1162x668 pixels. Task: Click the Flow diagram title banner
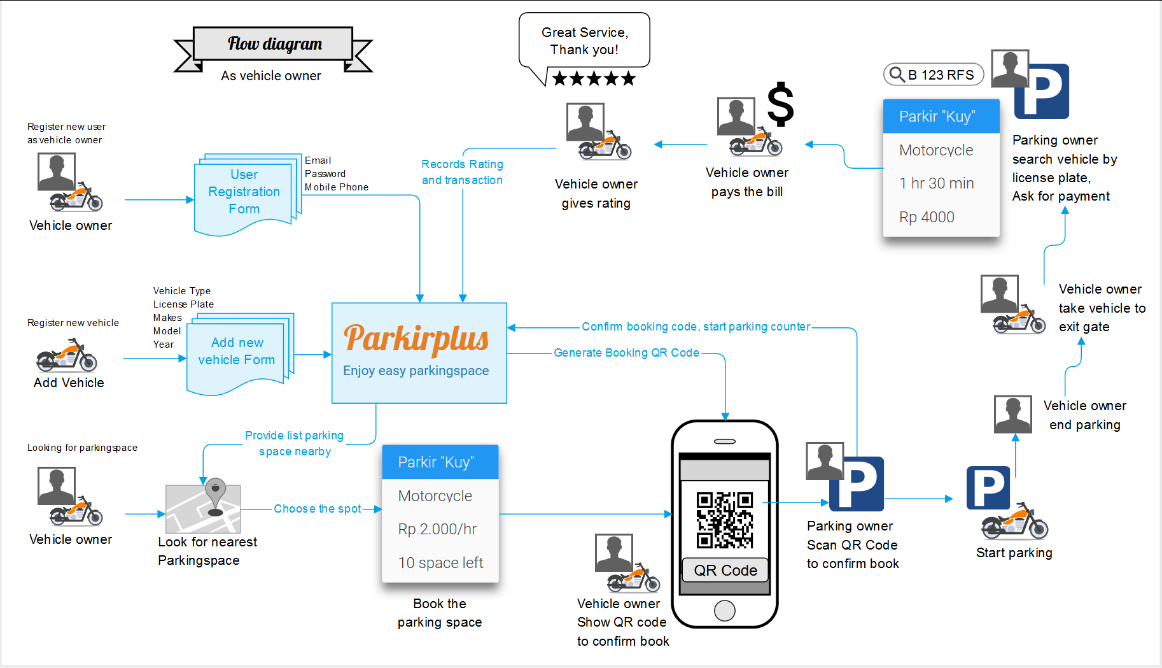coord(274,44)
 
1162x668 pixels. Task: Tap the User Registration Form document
coord(244,192)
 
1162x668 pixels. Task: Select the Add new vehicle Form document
coord(237,352)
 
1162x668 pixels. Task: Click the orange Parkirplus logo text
coord(416,338)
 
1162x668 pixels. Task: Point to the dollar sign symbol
coord(780,104)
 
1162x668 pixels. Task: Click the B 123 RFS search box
coord(934,75)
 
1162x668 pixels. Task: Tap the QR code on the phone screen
coord(725,520)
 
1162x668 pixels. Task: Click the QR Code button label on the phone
coord(725,570)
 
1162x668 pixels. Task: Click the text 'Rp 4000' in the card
coord(927,217)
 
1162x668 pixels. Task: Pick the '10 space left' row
coord(440,563)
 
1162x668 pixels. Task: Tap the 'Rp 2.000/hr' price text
coord(437,529)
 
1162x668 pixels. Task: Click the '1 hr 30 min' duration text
coord(936,183)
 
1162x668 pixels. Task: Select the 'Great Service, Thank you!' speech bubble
coord(584,41)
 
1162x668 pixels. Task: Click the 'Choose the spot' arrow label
coord(317,509)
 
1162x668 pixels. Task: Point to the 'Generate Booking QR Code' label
coord(626,353)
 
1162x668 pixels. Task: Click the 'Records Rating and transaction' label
coord(462,172)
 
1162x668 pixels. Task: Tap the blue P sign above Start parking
coord(988,488)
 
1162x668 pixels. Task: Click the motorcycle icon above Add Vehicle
coord(67,356)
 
